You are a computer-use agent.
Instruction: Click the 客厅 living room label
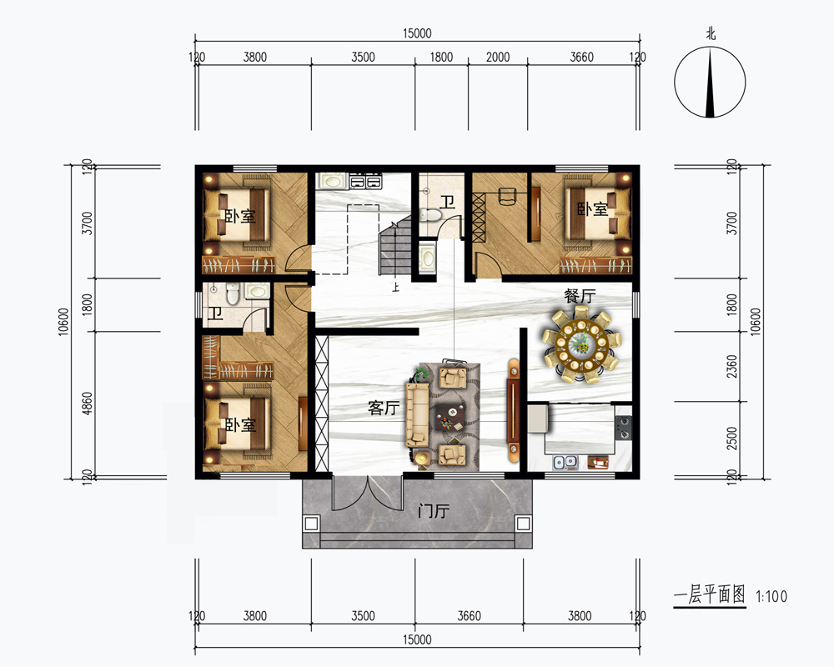(x=384, y=408)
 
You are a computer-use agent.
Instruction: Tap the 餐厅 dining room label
(x=580, y=296)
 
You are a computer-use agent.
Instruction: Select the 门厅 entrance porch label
(x=434, y=511)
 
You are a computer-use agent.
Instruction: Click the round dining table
(x=580, y=346)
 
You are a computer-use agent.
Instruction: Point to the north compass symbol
(x=710, y=82)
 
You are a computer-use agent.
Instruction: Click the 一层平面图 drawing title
(x=710, y=595)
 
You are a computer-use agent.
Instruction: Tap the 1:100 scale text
(x=771, y=596)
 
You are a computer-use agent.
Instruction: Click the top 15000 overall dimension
(x=417, y=33)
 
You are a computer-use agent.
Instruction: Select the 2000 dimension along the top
(x=498, y=57)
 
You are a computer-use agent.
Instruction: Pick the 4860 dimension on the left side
(x=88, y=404)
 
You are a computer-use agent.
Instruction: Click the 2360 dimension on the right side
(x=732, y=367)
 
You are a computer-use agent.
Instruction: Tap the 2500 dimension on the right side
(x=732, y=439)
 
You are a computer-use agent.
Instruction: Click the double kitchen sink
(x=565, y=462)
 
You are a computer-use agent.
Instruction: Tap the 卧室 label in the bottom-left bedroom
(x=240, y=425)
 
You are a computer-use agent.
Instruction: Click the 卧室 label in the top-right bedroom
(x=592, y=209)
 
